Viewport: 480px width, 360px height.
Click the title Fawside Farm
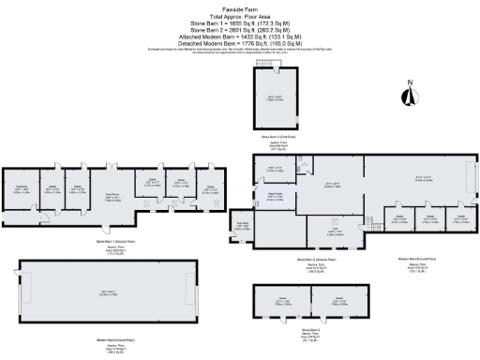point(239,9)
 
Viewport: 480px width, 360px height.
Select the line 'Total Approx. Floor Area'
point(239,17)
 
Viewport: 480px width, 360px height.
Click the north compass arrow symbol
point(409,94)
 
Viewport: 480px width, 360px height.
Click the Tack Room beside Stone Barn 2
point(240,225)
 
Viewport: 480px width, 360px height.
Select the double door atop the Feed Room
point(111,169)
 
